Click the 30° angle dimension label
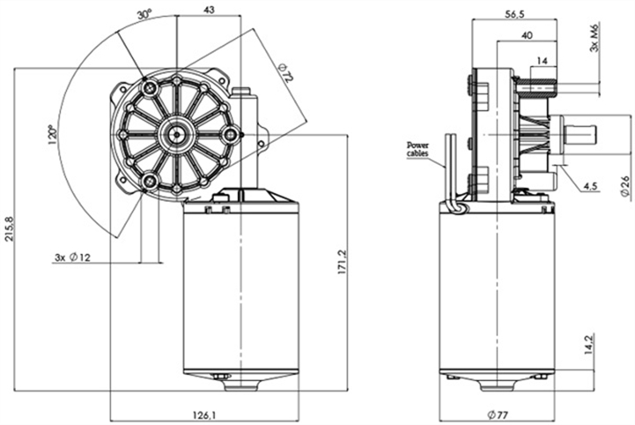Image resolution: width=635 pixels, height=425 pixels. coord(144,15)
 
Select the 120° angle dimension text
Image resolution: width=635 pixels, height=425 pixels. coord(55,134)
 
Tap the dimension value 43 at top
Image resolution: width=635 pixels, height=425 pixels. coord(209,10)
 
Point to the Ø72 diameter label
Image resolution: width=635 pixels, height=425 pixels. coord(284,74)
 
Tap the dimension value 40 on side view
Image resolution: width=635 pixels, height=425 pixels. coord(526,36)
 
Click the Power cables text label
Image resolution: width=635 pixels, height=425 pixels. coord(417,148)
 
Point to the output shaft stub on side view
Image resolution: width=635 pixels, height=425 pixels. coord(581,134)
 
